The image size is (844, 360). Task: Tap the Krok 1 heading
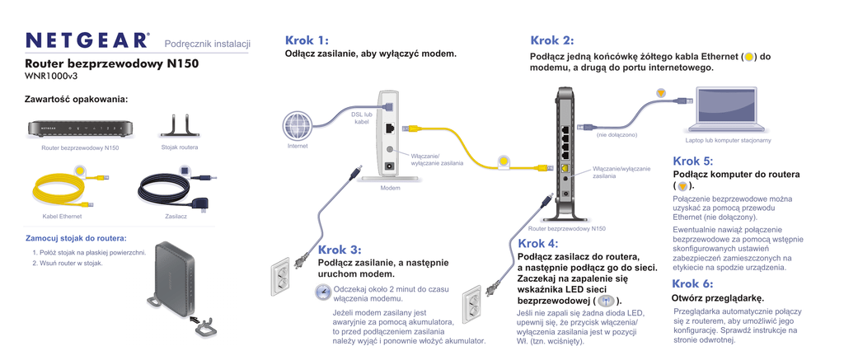(x=307, y=40)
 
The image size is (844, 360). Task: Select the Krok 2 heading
(x=551, y=40)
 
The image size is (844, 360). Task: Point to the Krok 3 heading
(x=340, y=250)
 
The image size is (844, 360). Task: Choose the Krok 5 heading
(x=692, y=161)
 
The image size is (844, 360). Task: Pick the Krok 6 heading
(x=692, y=283)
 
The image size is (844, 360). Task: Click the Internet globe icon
(x=298, y=126)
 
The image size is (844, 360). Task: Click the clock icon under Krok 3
(x=323, y=292)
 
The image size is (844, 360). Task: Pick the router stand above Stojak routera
(x=180, y=125)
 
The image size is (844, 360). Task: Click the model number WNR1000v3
(x=51, y=76)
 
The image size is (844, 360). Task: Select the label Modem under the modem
(x=390, y=189)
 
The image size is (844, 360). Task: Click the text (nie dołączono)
(x=617, y=134)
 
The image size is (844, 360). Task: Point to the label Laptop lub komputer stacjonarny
(x=728, y=140)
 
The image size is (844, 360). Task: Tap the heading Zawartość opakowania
(x=77, y=100)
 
